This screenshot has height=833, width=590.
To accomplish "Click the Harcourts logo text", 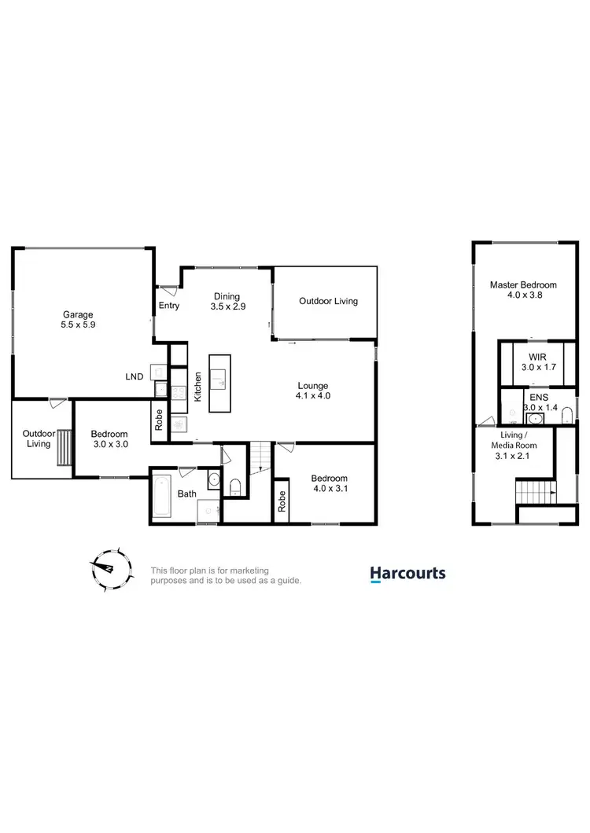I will click(x=407, y=574).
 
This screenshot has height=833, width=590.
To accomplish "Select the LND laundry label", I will click(x=135, y=376).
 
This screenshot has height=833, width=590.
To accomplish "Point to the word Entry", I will click(x=168, y=305).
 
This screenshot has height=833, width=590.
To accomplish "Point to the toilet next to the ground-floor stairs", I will click(x=234, y=488).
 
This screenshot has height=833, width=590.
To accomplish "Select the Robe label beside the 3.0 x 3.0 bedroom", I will click(x=160, y=420).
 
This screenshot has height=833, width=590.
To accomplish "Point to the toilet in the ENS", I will click(x=566, y=417).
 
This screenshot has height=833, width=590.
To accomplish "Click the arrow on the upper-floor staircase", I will click(x=551, y=494).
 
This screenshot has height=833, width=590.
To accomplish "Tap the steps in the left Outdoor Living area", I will click(x=61, y=447).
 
